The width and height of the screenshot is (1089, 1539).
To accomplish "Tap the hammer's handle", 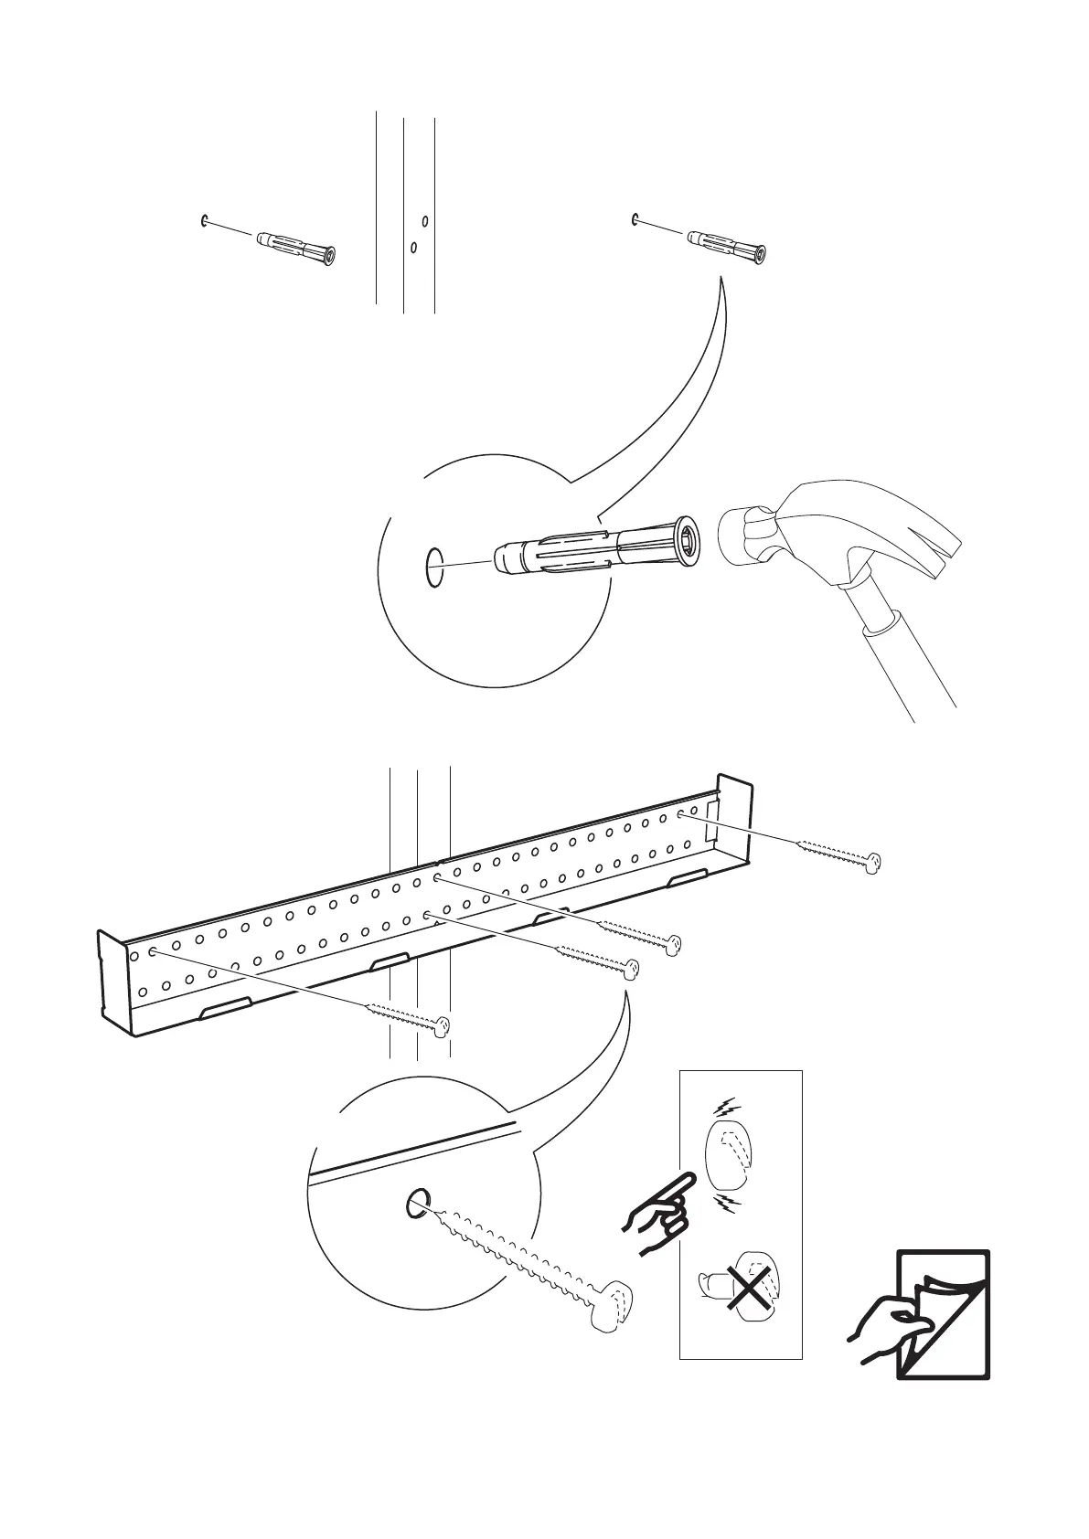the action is click(x=901, y=658).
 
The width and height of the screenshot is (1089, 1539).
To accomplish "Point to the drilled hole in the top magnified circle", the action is click(x=434, y=567).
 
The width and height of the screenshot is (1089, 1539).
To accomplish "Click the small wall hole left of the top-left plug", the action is click(x=202, y=219).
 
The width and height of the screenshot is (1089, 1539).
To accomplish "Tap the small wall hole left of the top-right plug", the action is click(x=634, y=218).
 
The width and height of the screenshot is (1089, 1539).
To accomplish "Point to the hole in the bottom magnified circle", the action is click(x=416, y=1204).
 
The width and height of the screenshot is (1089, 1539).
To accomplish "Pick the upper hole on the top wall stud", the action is click(x=424, y=220).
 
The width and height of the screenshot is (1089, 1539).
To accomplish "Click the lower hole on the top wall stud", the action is click(x=414, y=246).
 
